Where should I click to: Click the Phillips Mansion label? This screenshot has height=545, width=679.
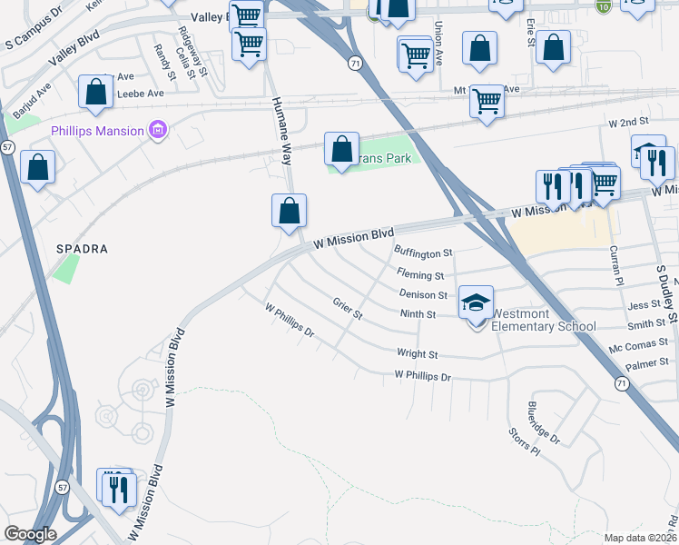point(97,131)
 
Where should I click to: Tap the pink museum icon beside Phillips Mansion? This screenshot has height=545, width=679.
point(158,131)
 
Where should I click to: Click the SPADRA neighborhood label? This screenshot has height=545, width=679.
point(83,248)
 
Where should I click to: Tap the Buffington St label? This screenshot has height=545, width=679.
point(422,253)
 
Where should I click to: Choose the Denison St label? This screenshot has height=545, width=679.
point(424,294)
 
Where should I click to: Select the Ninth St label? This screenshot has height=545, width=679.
point(418,314)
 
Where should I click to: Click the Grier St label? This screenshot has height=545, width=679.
point(348,309)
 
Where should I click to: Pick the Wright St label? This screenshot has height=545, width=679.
point(418,354)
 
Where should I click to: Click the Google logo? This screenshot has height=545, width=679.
point(31,534)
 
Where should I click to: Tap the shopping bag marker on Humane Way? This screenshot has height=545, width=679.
point(289,211)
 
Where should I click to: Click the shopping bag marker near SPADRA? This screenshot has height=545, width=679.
point(37,168)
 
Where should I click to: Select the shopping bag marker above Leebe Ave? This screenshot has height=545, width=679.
point(95,92)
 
